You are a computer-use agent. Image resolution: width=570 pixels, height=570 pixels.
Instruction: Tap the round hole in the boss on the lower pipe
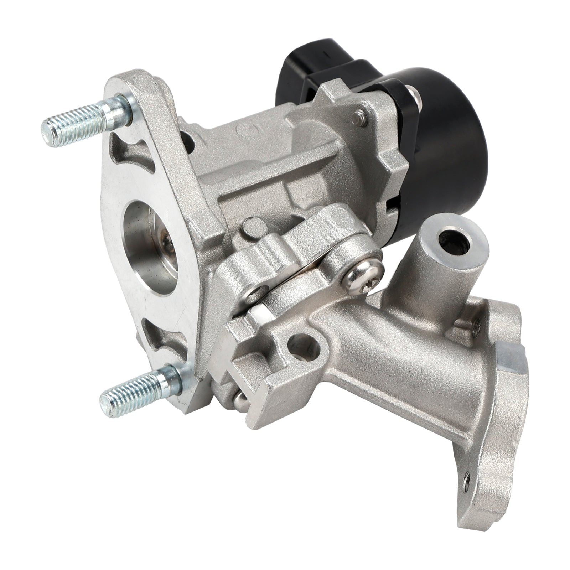303,344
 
